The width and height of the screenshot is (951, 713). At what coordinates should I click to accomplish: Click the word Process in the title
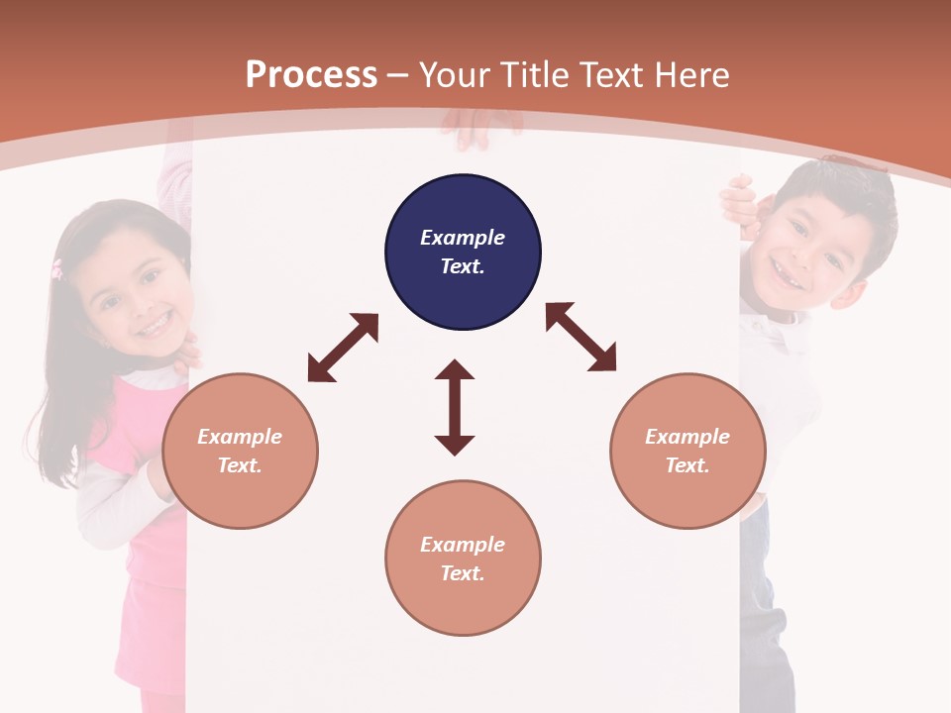(x=311, y=75)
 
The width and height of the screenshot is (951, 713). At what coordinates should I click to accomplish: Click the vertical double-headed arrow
(x=455, y=407)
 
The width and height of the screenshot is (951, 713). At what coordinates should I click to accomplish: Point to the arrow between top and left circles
(x=343, y=348)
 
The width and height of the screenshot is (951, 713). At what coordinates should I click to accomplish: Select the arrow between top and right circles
(x=581, y=337)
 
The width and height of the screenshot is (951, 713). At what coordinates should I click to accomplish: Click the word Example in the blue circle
(x=463, y=238)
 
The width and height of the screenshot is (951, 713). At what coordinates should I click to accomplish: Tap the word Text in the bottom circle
(x=461, y=573)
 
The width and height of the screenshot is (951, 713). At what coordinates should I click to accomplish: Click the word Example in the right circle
(x=687, y=437)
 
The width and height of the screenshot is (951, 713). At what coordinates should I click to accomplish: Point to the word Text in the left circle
(x=239, y=465)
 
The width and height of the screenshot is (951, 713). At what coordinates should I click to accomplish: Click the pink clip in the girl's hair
(x=56, y=268)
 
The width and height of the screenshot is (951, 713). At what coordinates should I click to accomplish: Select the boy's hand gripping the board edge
(x=738, y=201)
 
